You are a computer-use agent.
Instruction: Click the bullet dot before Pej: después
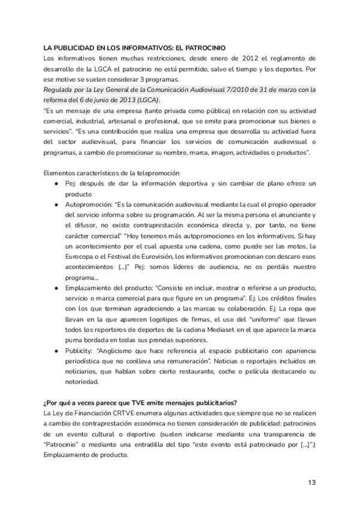(56, 183)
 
